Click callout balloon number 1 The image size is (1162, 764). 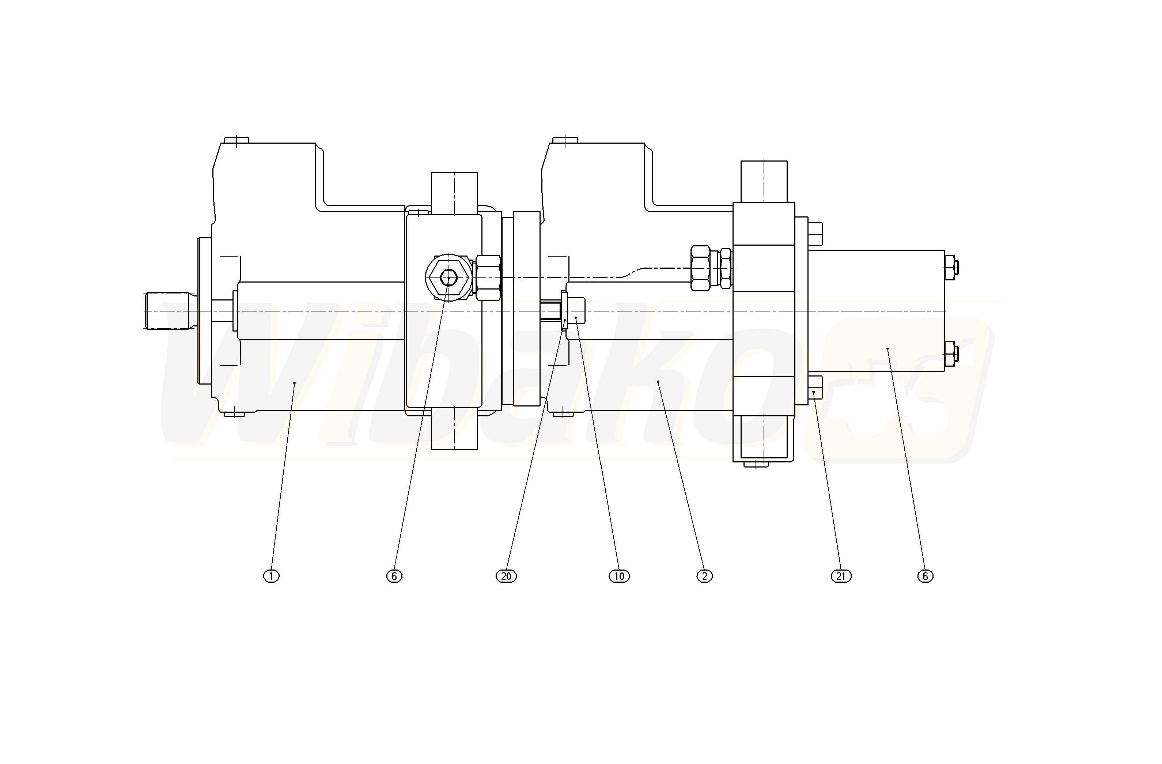click(272, 576)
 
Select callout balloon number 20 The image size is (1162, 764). click(506, 576)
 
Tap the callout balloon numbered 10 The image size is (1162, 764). click(619, 576)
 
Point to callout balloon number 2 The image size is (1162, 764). click(704, 576)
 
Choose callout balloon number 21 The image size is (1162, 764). click(841, 576)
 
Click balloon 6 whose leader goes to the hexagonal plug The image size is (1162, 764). click(394, 576)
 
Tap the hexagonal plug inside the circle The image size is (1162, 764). click(448, 278)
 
